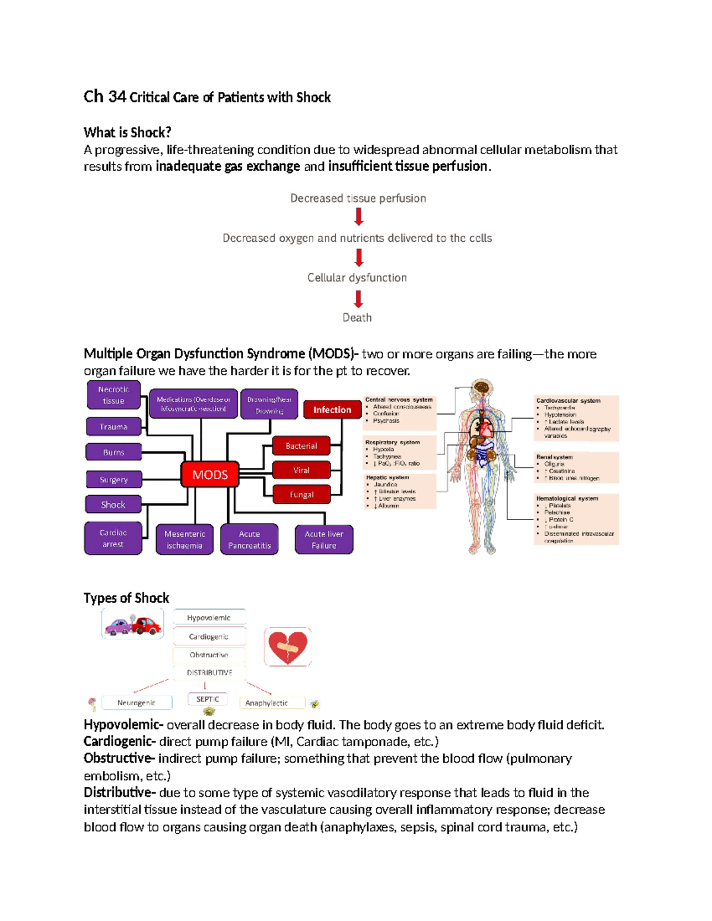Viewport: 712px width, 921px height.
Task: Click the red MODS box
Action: point(210,474)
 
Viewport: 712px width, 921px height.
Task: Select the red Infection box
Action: point(332,409)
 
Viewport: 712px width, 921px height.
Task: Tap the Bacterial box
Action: point(301,445)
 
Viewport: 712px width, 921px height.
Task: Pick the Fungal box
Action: point(301,494)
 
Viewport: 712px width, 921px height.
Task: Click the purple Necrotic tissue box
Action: point(113,395)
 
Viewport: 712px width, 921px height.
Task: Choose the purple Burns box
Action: point(113,452)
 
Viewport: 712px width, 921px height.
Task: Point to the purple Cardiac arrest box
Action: point(113,538)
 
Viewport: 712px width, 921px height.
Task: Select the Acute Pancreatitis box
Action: point(249,539)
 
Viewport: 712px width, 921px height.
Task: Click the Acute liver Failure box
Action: point(324,539)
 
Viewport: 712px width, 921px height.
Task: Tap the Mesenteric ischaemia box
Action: point(185,539)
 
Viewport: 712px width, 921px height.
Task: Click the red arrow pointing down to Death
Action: point(358,299)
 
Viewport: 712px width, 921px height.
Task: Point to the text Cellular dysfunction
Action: point(357,278)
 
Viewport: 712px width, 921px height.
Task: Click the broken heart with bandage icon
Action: point(288,646)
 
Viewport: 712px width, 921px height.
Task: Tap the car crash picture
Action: point(133,624)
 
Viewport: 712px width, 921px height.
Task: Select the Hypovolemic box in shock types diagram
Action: point(209,617)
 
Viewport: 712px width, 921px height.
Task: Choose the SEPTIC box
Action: point(208,699)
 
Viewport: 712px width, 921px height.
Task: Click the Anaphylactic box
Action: point(267,703)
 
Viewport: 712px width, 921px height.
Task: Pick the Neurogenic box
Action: point(136,703)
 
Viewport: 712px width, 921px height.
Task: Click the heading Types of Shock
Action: point(126,598)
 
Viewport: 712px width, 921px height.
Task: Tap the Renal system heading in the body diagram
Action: point(555,457)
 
